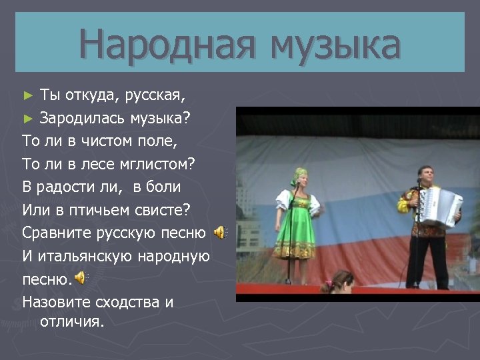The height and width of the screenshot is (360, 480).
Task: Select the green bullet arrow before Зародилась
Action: (x=27, y=119)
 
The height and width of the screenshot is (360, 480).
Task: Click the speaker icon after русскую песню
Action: (x=220, y=233)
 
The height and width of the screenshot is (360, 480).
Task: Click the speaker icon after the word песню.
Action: (x=80, y=277)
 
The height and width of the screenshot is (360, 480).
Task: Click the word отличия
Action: (x=72, y=322)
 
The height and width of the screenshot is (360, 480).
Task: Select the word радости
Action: (x=75, y=187)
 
